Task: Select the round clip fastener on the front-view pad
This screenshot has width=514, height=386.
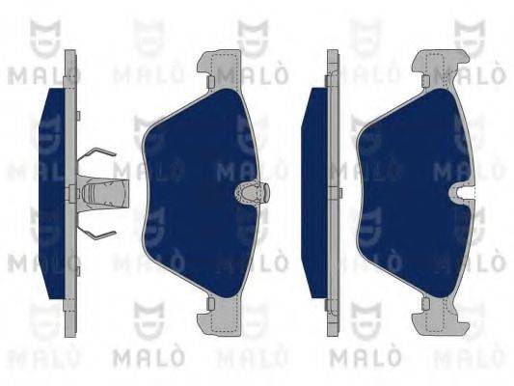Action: [x=252, y=192]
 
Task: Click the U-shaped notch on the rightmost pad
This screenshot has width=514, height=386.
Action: [x=466, y=194]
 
